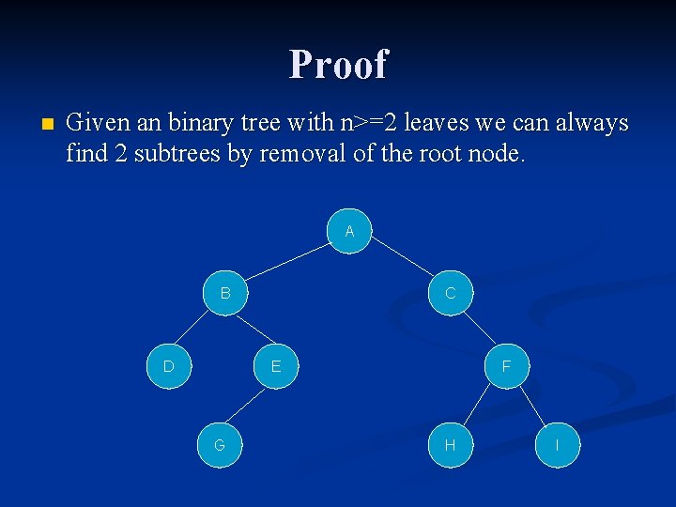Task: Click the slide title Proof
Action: tap(338, 64)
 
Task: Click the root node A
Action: tap(349, 231)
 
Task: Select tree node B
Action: tap(225, 293)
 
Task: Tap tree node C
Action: tap(451, 293)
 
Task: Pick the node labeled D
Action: tap(169, 366)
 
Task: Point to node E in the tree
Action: tap(276, 366)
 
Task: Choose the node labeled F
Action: tap(507, 366)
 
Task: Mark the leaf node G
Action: tap(220, 445)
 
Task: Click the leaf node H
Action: tap(451, 445)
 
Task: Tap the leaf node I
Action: tap(558, 445)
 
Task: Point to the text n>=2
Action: tap(367, 123)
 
